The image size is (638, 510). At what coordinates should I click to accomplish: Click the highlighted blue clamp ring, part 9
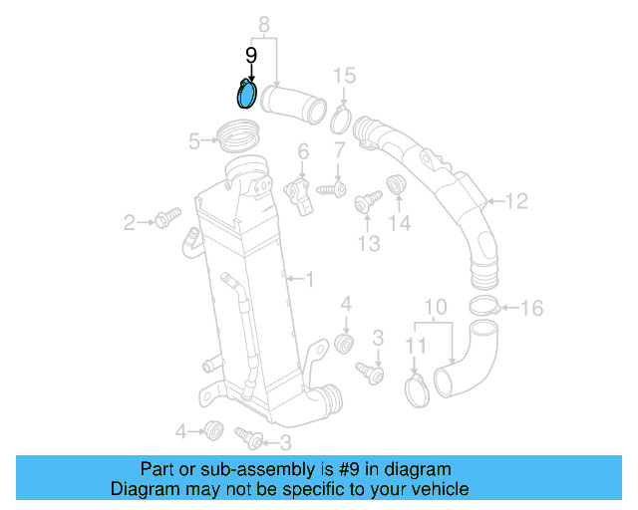(x=245, y=95)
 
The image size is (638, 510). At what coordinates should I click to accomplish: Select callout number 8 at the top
(x=264, y=23)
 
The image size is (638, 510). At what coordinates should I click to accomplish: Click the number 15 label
(x=343, y=76)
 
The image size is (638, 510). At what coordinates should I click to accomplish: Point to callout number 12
(x=515, y=202)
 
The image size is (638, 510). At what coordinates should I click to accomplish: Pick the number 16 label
(x=532, y=309)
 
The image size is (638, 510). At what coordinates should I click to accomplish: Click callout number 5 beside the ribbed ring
(x=194, y=142)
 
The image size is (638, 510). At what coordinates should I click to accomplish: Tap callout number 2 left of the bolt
(x=129, y=223)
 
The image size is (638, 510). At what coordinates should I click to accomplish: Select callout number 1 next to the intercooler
(x=309, y=281)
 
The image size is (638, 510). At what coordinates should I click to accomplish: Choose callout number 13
(x=370, y=244)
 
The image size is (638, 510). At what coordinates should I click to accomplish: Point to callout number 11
(x=416, y=345)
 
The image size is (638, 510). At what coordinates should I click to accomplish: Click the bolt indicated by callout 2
(x=166, y=216)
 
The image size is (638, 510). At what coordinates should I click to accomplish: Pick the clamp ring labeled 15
(x=339, y=123)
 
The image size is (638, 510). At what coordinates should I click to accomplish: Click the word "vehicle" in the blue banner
(x=434, y=489)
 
